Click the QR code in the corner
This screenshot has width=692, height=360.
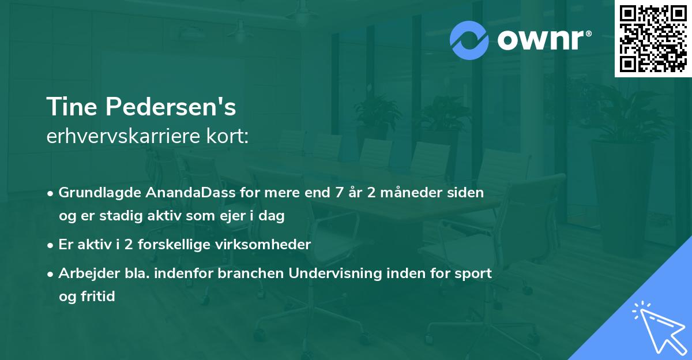pyautogui.click(x=653, y=39)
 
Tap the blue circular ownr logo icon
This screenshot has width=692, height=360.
pyautogui.click(x=469, y=40)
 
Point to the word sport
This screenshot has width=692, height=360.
pyautogui.click(x=475, y=273)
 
